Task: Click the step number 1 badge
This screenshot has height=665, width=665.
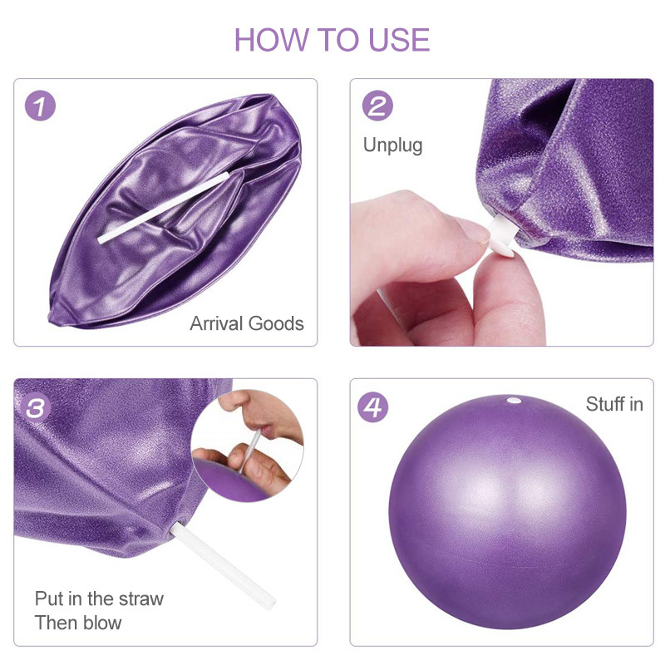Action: (x=40, y=106)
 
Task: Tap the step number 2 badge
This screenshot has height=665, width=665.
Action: (x=377, y=106)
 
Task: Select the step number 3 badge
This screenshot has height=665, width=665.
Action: (x=40, y=407)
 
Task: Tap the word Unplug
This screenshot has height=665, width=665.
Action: (x=392, y=145)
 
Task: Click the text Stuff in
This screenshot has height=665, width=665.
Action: (x=614, y=405)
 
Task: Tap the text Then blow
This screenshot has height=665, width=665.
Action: (x=78, y=623)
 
